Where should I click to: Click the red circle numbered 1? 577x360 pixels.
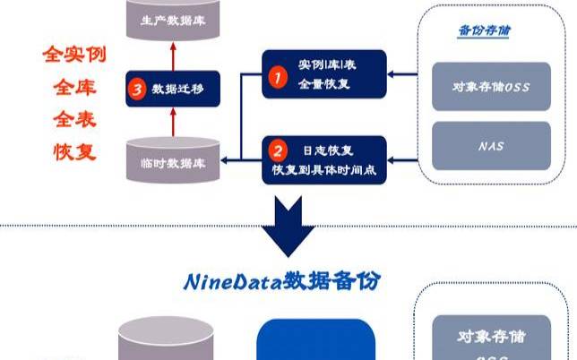point(279,80)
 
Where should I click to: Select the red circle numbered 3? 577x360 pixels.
point(137,89)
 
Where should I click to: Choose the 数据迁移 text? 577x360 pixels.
point(177,89)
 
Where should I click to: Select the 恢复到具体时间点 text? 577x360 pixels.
point(323,168)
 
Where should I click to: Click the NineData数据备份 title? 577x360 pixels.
point(282,281)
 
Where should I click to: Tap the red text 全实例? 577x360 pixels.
point(75,55)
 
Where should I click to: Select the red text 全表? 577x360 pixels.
point(75,119)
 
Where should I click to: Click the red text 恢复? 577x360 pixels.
point(75,151)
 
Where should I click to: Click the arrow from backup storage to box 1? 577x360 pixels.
point(403,75)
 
